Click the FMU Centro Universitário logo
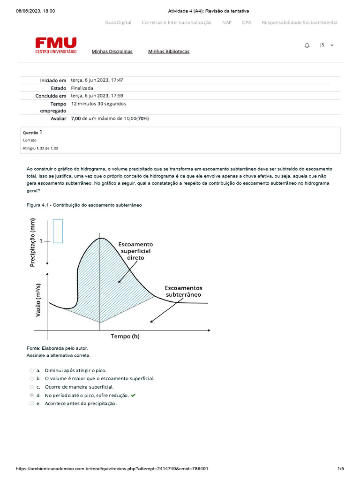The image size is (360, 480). point(56,46)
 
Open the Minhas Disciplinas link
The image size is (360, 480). point(112,52)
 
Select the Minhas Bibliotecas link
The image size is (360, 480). point(169,52)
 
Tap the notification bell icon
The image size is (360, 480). point(307,45)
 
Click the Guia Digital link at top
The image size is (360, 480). point(118,22)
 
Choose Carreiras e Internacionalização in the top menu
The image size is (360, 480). point(176,22)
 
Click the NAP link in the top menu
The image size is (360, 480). point(227,22)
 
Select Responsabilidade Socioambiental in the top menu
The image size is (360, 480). point(300,22)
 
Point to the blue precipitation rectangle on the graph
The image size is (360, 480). point(58,231)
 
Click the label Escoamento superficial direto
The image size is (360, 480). point(135,251)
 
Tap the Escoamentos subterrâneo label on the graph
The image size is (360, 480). point(183,291)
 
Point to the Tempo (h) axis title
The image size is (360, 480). point(125,336)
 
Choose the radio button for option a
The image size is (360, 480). point(31,370)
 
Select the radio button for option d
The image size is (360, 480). point(31,395)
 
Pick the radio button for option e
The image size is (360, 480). point(31,403)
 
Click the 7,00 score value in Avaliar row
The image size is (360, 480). point(75,119)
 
